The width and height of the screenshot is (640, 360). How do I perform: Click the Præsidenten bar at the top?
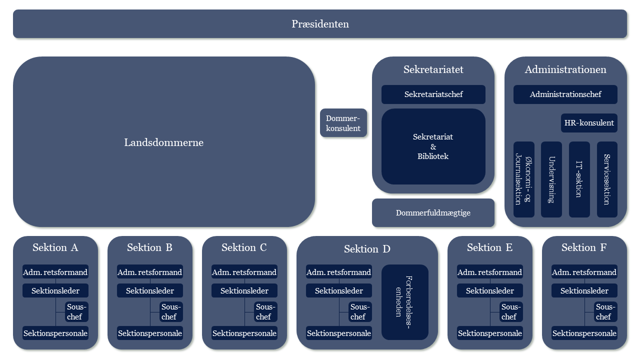[320, 24]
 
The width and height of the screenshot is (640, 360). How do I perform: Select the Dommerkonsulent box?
[343, 123]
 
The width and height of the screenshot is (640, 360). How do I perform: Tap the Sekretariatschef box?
[433, 94]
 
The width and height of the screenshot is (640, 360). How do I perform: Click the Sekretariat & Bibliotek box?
[433, 146]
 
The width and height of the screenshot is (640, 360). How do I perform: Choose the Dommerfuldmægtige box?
[433, 213]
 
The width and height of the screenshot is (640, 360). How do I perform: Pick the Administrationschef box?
[565, 94]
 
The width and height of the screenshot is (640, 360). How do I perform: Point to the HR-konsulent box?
[589, 123]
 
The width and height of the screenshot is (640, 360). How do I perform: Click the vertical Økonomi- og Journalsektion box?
[524, 179]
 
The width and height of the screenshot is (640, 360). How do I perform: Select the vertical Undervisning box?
[551, 179]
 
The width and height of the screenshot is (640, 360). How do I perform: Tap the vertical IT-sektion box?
[579, 179]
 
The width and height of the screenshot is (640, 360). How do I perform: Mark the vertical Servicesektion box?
[607, 179]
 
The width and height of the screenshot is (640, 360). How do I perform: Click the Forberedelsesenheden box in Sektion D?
[405, 302]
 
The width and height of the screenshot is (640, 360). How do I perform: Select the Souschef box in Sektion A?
[76, 311]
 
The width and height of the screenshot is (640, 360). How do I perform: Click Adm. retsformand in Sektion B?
[150, 272]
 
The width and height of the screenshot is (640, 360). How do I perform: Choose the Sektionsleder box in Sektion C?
[244, 290]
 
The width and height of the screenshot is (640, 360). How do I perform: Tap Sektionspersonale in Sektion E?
[490, 333]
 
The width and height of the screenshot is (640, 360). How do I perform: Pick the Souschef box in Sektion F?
[606, 311]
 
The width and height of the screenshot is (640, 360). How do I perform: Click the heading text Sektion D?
[367, 249]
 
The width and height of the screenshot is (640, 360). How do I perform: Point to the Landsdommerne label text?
[164, 142]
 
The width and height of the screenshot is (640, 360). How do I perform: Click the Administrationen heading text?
[565, 69]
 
